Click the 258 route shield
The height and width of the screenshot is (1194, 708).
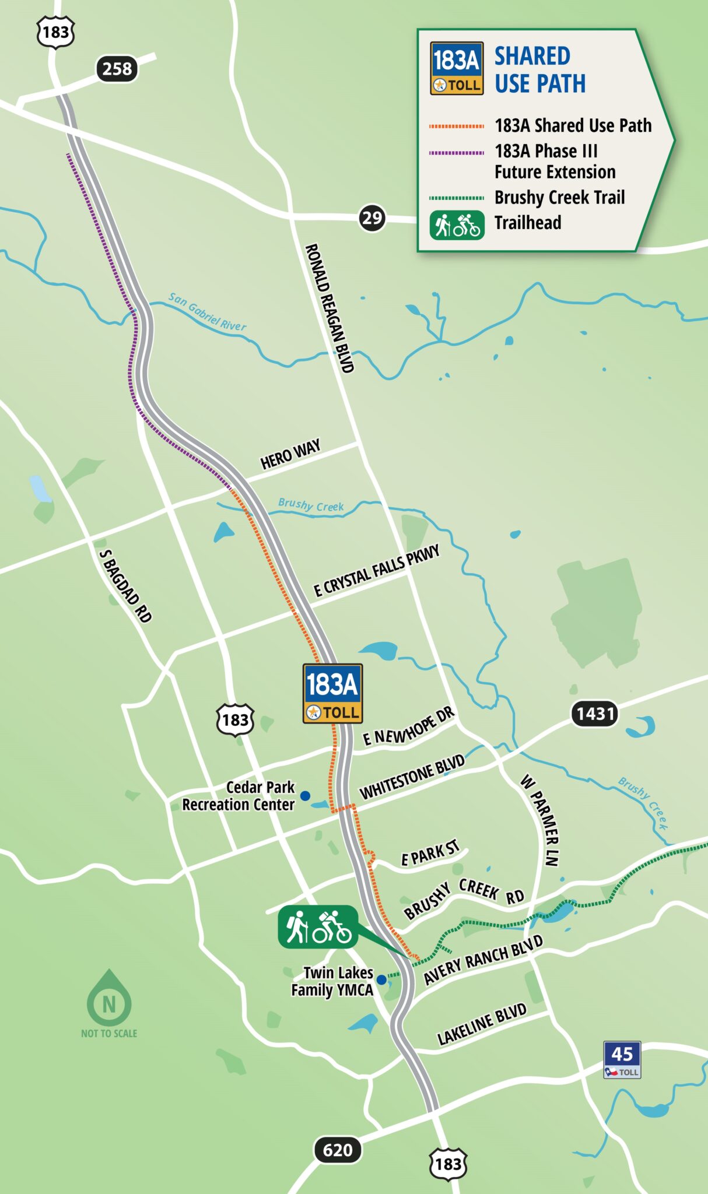[117, 69]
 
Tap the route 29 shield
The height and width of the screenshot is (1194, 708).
[371, 218]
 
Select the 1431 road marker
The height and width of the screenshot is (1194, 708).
[595, 714]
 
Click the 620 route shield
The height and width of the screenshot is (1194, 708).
[338, 1150]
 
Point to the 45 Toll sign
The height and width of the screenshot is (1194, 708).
[622, 1059]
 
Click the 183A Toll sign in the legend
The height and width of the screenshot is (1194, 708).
[457, 68]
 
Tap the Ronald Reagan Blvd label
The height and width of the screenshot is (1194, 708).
[330, 308]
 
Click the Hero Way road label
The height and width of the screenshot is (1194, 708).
[290, 455]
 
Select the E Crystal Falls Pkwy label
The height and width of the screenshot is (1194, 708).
[376, 571]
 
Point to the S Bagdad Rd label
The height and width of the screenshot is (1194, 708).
[125, 586]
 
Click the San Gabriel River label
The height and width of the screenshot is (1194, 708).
[207, 311]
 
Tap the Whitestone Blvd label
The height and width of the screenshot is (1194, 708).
[412, 777]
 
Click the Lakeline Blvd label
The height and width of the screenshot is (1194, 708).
[482, 1024]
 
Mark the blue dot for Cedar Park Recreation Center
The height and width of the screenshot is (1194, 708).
[305, 795]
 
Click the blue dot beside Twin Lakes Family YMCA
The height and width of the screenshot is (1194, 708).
[381, 979]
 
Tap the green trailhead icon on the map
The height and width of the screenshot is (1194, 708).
[318, 926]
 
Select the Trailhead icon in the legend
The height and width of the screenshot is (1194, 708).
[457, 225]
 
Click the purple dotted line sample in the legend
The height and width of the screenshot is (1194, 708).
[457, 153]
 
